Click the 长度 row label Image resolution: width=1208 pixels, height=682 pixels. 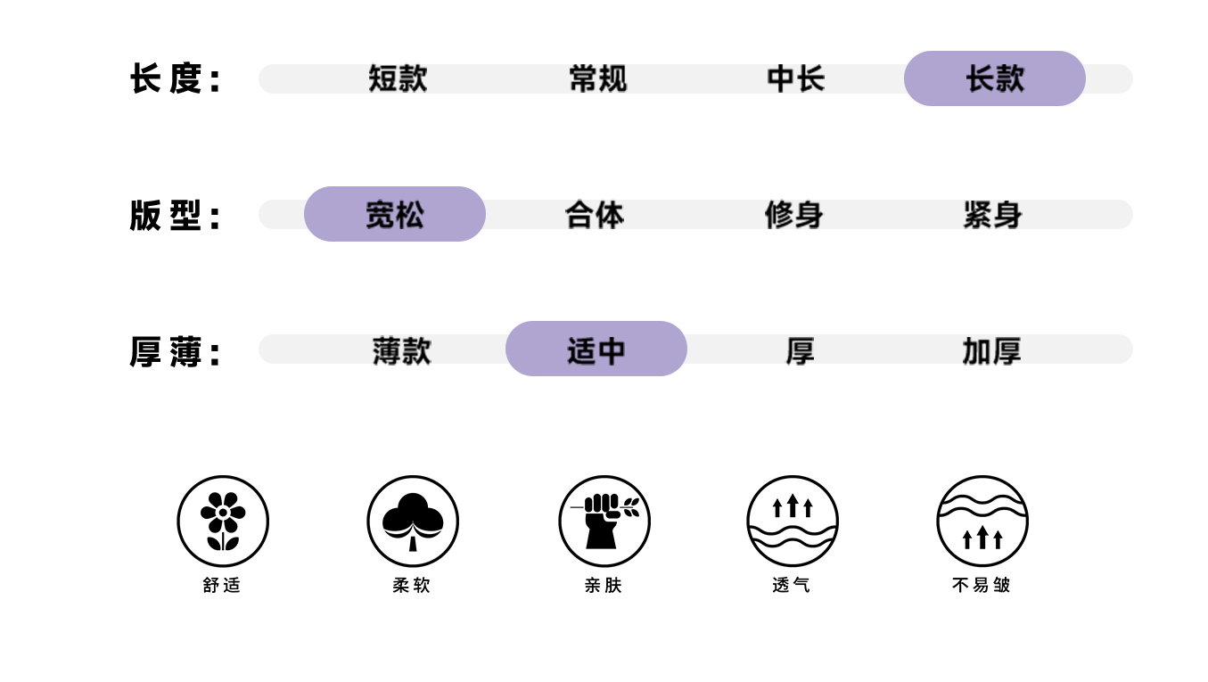click(x=175, y=78)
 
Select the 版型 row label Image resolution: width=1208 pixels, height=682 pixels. click(x=175, y=216)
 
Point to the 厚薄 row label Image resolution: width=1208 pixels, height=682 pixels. click(x=175, y=352)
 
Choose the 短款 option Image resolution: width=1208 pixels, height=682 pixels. click(x=398, y=78)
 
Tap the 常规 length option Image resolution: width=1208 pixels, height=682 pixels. click(x=597, y=78)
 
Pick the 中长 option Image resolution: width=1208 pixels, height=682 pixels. click(x=795, y=78)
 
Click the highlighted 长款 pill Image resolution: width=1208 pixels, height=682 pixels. click(x=994, y=78)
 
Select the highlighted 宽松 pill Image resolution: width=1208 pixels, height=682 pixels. click(x=394, y=214)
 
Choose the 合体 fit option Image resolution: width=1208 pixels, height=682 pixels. click(x=595, y=215)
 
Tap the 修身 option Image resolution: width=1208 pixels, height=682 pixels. click(x=793, y=215)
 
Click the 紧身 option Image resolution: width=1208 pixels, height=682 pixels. click(x=992, y=215)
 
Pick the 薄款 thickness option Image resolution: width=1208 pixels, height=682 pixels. click(x=401, y=350)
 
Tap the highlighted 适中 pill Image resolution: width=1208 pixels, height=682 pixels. click(x=596, y=349)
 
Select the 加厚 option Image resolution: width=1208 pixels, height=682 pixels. click(x=991, y=351)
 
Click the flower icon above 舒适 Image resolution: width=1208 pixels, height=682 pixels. click(x=223, y=521)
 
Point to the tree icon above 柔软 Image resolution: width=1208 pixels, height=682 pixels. click(x=413, y=521)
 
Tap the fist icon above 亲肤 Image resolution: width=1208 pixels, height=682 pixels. click(x=604, y=521)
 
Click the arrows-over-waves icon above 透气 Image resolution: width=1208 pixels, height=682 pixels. click(x=793, y=521)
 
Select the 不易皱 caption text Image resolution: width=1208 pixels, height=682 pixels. click(x=982, y=585)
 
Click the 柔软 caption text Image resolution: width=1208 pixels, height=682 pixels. click(x=412, y=585)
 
